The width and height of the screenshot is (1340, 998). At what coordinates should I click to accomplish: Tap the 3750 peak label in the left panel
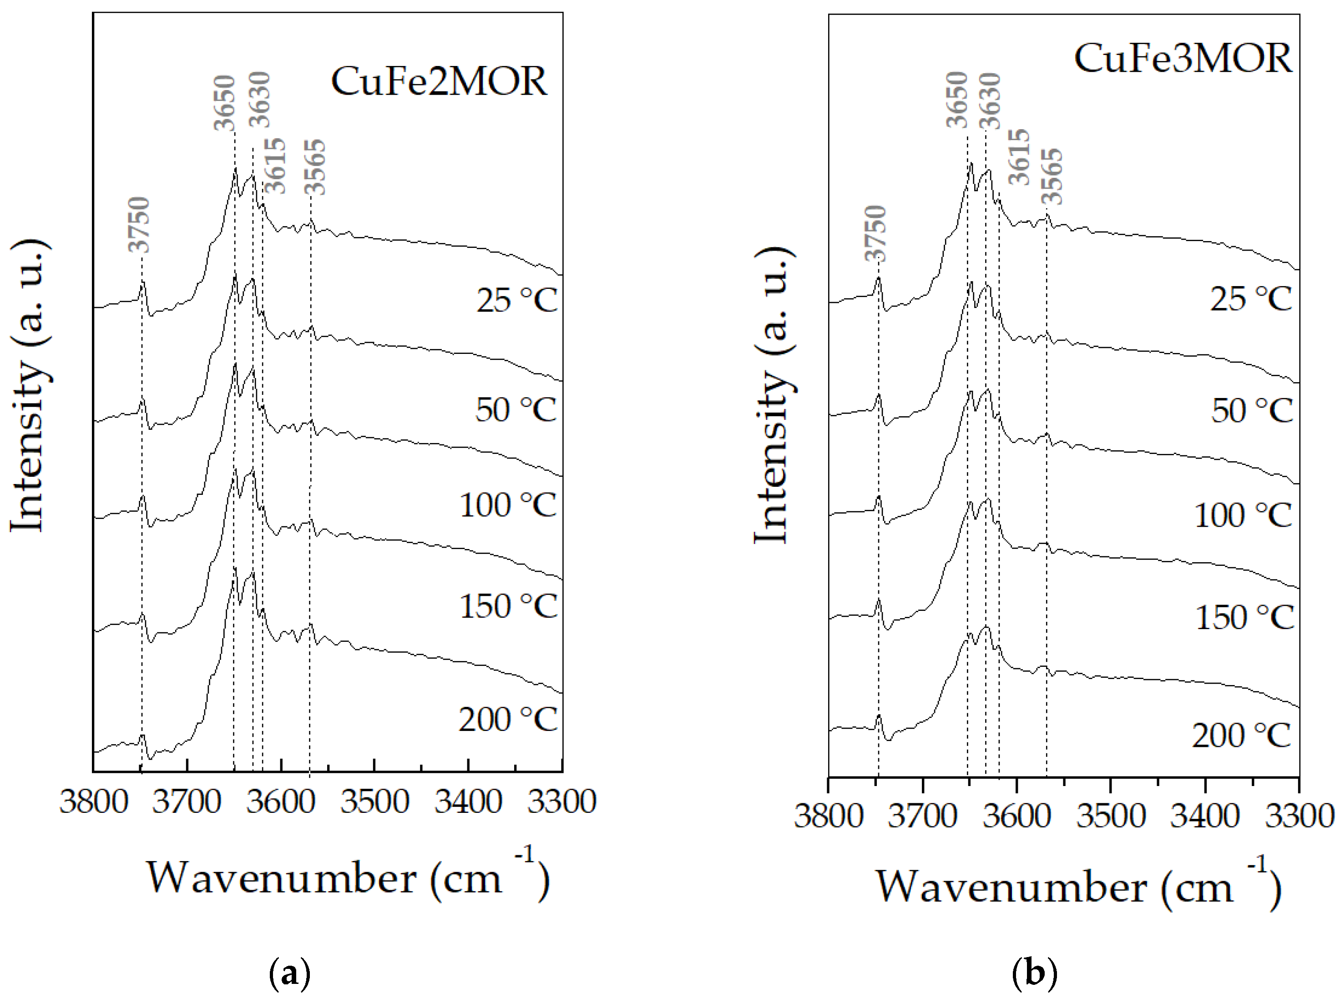click(139, 225)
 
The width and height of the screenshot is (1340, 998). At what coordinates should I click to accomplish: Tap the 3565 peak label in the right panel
click(1052, 177)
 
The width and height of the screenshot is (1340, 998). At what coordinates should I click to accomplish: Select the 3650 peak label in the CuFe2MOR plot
click(224, 103)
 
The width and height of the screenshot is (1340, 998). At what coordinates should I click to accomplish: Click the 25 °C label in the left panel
click(516, 300)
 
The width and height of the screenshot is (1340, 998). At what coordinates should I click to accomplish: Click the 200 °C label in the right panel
click(1241, 736)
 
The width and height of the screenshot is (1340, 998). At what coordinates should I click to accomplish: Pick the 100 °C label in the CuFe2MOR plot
click(507, 505)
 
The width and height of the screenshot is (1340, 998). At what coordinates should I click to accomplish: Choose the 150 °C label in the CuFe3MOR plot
click(1244, 617)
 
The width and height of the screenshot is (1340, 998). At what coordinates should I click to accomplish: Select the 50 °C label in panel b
click(1251, 411)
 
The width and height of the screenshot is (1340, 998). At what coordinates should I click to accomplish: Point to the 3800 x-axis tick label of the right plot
click(828, 816)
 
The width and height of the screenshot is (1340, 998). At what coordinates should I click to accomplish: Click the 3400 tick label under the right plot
click(1205, 816)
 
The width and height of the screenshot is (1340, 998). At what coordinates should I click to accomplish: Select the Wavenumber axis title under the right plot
click(1078, 887)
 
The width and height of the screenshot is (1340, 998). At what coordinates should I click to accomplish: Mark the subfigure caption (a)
click(289, 973)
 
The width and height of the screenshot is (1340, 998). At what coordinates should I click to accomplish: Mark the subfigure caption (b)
click(1034, 973)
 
